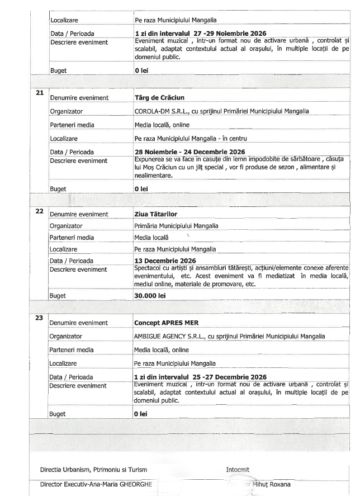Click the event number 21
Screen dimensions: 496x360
tap(40, 92)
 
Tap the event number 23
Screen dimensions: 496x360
tap(40, 318)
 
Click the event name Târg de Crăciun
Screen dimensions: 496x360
tap(159, 97)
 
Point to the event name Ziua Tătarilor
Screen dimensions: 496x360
tap(157, 215)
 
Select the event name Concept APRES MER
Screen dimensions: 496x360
tap(167, 323)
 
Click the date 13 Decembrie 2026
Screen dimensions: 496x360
tap(165, 261)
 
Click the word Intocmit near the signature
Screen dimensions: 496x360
tap(239, 469)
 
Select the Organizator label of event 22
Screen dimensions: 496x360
tap(67, 226)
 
